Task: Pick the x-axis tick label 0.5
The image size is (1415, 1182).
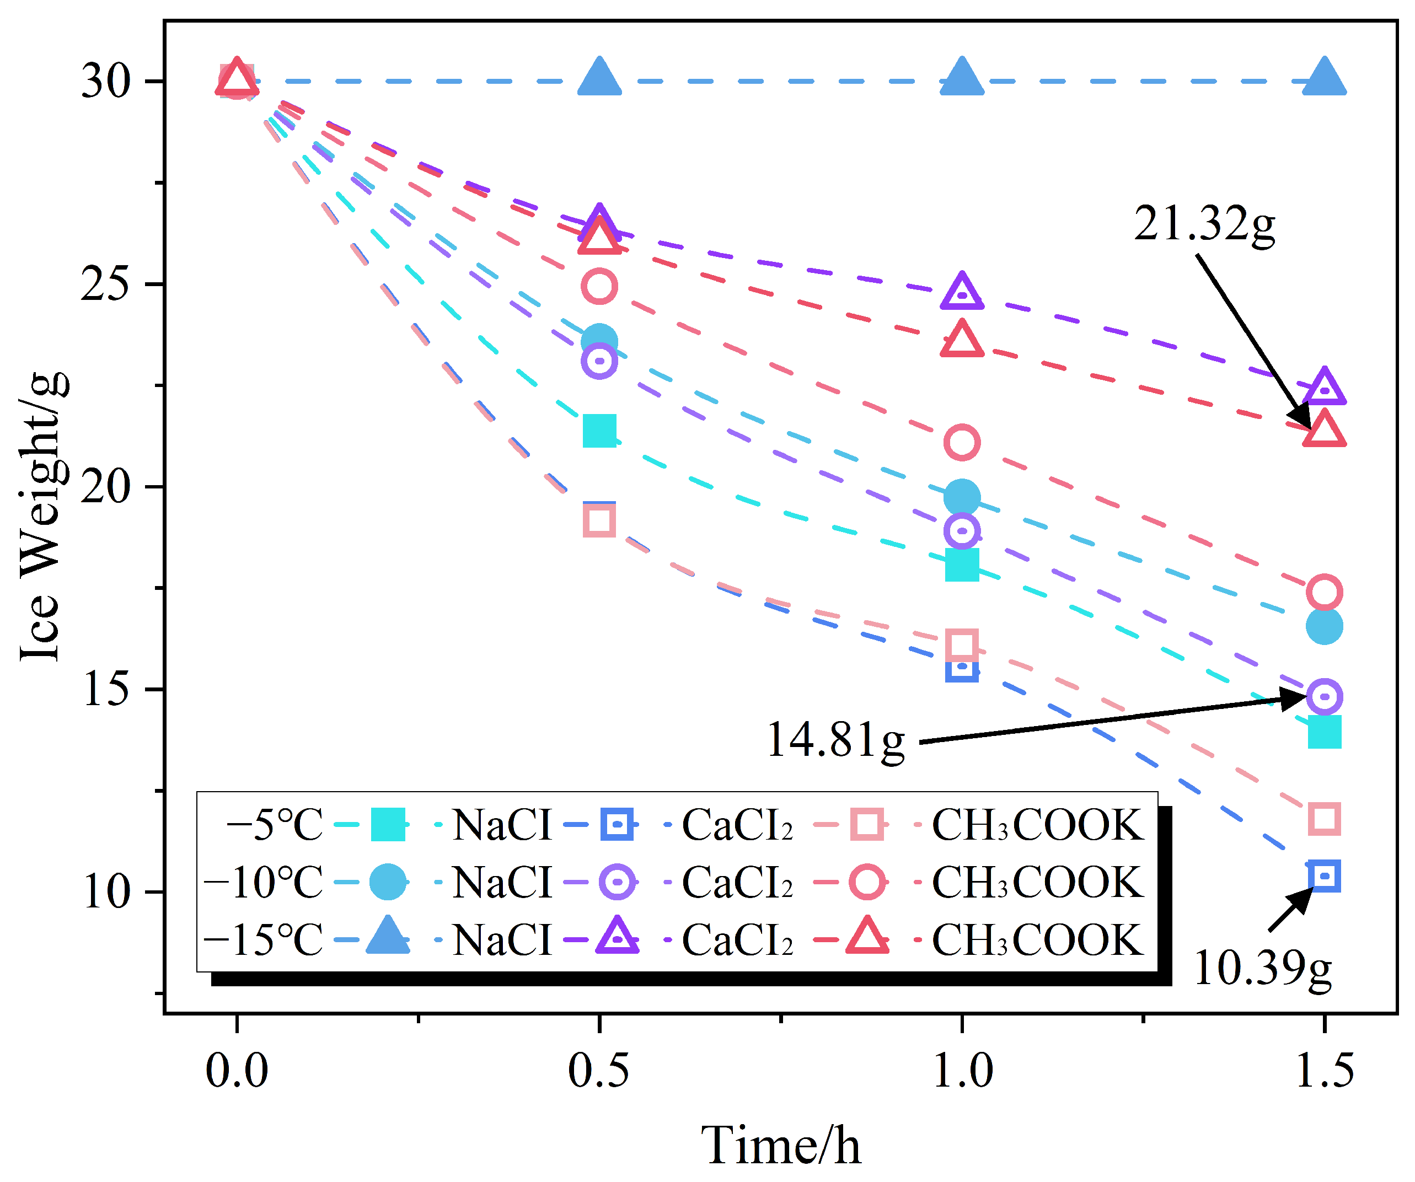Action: pyautogui.click(x=598, y=1070)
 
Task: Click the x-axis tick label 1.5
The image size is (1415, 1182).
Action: pyautogui.click(x=1324, y=1070)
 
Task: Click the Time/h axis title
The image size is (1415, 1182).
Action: pyautogui.click(x=780, y=1146)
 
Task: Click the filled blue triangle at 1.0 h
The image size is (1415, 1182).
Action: pyautogui.click(x=962, y=77)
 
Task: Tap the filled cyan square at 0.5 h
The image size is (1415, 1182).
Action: pyautogui.click(x=599, y=431)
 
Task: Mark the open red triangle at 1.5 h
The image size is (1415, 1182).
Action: pyautogui.click(x=1324, y=429)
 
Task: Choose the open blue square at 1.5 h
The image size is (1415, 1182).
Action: pyautogui.click(x=1324, y=876)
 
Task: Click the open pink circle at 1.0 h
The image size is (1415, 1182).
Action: pyautogui.click(x=962, y=443)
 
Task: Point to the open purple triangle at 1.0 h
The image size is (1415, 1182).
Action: pyautogui.click(x=962, y=291)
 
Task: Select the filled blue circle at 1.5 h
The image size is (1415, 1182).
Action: pyautogui.click(x=1324, y=626)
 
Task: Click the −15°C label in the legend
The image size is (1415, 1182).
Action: pyautogui.click(x=263, y=939)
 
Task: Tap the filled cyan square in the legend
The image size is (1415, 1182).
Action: pyautogui.click(x=388, y=824)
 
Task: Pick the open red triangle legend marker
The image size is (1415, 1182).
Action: pyautogui.click(x=867, y=936)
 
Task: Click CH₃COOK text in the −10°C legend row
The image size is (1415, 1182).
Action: pyautogui.click(x=1038, y=882)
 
